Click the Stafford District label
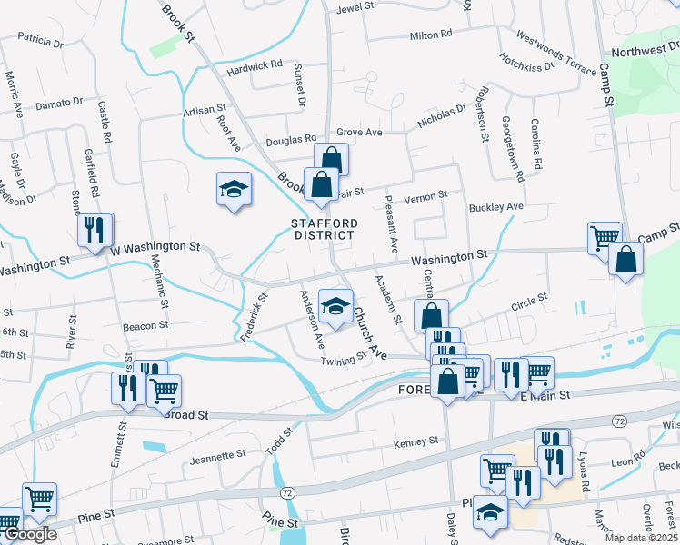(x=324, y=229)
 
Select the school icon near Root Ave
(x=234, y=190)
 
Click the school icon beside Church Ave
(x=335, y=306)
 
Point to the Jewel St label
(x=355, y=6)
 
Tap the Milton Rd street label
(x=431, y=35)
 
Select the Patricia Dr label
(x=40, y=40)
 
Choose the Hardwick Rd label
(x=255, y=66)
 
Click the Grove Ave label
(x=360, y=133)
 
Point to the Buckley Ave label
(x=496, y=207)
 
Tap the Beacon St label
(x=146, y=324)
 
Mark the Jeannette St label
(x=217, y=453)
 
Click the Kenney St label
(x=415, y=442)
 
